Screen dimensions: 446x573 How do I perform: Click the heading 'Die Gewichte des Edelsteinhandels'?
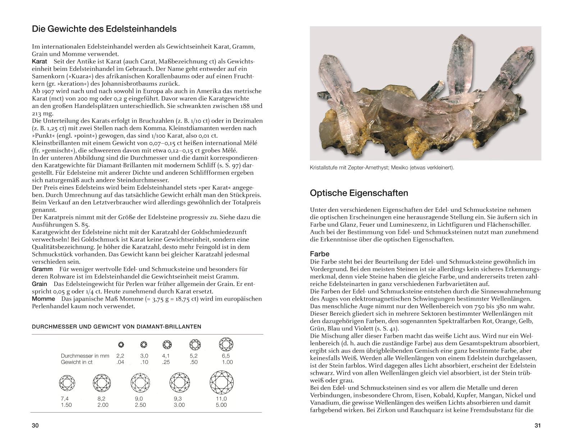coord(104,29)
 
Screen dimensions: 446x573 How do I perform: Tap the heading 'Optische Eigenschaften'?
coord(359,193)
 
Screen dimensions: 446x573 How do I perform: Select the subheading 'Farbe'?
coord(320,254)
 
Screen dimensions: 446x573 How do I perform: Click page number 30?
coord(35,426)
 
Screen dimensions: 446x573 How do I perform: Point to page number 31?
coord(537,426)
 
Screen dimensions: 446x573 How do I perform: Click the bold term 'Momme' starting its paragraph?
coord(43,299)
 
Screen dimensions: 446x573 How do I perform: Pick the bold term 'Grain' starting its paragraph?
coord(40,284)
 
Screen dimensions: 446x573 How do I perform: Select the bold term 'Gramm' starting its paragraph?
coord(42,269)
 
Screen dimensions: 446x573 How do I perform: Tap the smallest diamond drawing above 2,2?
coord(121,345)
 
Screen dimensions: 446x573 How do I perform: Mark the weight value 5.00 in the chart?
coord(221,405)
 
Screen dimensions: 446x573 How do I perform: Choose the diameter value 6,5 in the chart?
coord(226,356)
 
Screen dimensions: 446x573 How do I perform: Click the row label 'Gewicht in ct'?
coord(77,362)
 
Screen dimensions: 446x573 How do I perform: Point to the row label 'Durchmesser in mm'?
coord(85,356)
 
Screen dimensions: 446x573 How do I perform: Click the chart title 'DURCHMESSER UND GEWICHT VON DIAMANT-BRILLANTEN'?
coord(116,327)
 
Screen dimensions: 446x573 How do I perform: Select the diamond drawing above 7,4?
coord(67,383)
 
